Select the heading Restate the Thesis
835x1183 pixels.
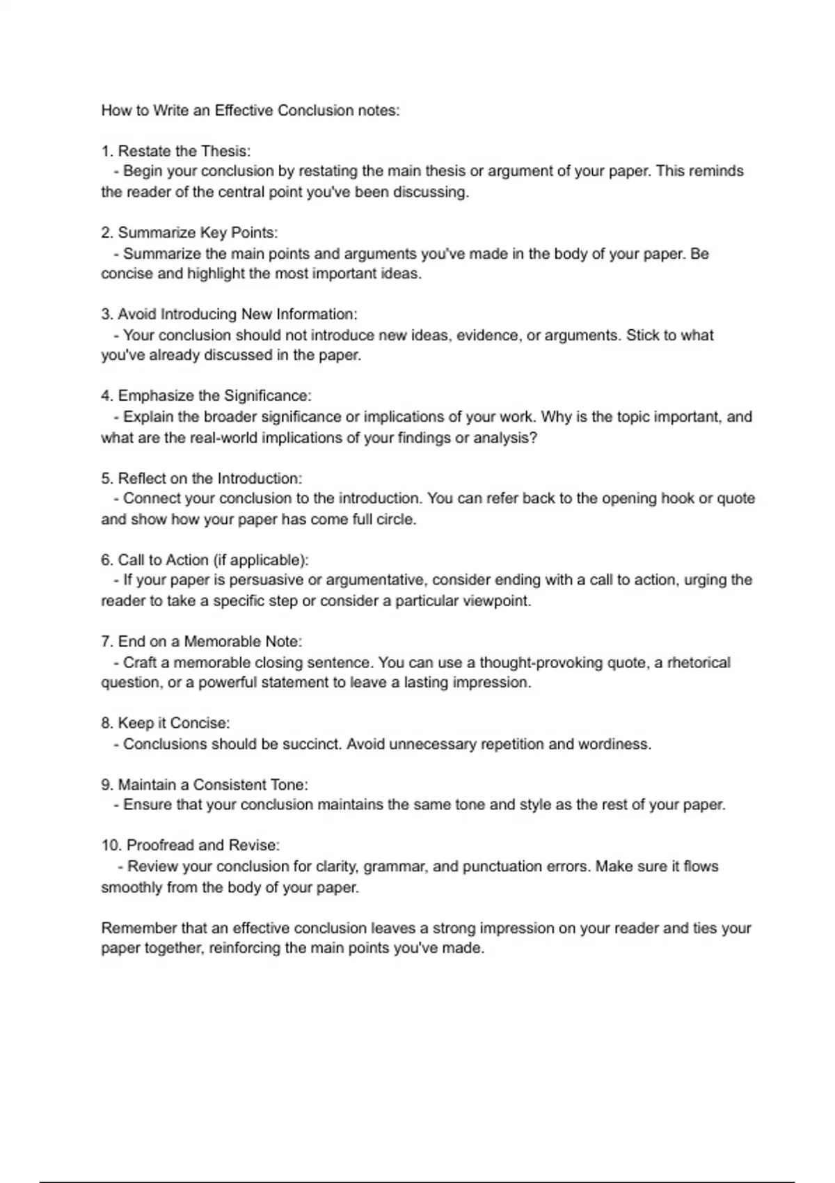(x=184, y=151)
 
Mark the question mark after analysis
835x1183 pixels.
(x=534, y=438)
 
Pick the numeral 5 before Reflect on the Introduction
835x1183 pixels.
(x=106, y=478)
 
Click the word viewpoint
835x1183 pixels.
(x=497, y=601)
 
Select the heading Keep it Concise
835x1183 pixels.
(x=173, y=723)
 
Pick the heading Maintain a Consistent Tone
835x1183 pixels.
(x=212, y=784)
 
